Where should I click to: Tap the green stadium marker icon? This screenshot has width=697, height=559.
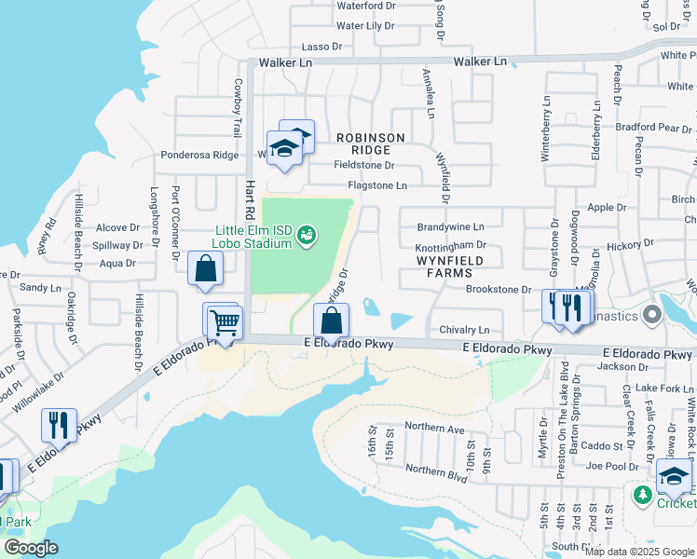tap(306, 238)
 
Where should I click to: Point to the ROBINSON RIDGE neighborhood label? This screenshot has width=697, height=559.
tap(371, 143)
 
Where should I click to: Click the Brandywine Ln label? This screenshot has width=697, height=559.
tap(451, 226)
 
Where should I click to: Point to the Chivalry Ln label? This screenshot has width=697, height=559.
tap(464, 330)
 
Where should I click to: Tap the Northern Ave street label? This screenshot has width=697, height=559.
tap(434, 429)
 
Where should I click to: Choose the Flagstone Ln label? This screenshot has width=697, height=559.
tap(377, 185)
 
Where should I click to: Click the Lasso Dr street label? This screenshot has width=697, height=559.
tap(323, 47)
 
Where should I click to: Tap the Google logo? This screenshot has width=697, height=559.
tap(31, 548)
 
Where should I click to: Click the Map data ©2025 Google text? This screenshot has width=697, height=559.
tap(638, 552)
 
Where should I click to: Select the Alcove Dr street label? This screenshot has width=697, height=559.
tap(118, 227)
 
